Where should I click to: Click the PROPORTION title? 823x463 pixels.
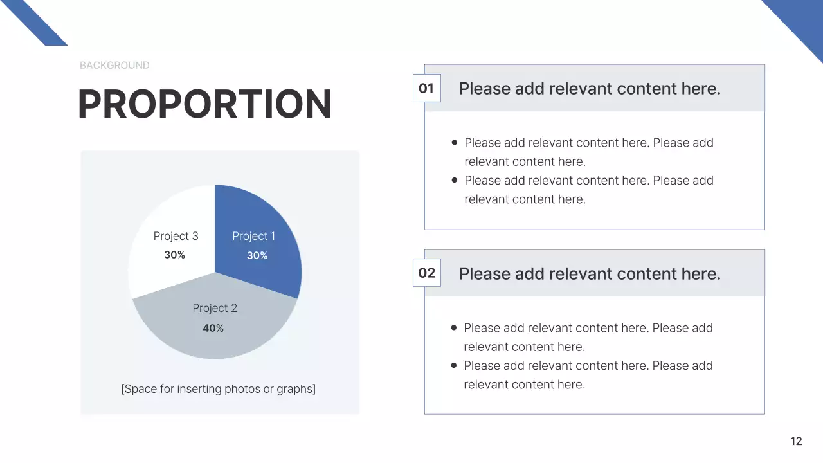coord(204,104)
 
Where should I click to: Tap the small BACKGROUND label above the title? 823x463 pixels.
coord(114,65)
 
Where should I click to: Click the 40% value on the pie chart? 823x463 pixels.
coord(213,328)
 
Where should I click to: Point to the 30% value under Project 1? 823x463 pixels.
coord(257,255)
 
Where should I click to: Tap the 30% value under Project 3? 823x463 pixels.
coord(174,255)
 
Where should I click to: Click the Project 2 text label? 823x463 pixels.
coord(215,308)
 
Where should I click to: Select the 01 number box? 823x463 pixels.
coord(426,89)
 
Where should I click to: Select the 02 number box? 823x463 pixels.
coord(426,273)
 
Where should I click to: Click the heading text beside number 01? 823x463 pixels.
coord(590,89)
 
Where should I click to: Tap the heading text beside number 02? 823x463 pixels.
coord(590,274)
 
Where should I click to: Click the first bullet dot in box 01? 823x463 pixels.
coord(455,143)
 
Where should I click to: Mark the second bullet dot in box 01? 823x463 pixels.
coord(455,181)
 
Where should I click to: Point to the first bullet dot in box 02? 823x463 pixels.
coord(454,328)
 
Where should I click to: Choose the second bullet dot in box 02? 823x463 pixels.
coord(454,365)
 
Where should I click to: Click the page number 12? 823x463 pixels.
coord(796,441)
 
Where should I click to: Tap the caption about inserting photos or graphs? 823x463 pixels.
coord(219,389)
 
